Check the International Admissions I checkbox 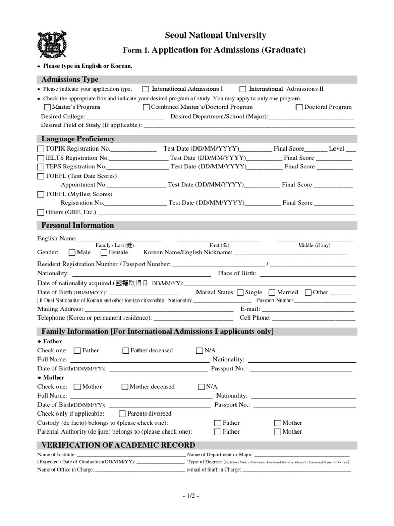coord(146,89)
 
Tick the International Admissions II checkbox coord(243,89)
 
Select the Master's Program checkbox coord(48,108)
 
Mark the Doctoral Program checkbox coord(300,108)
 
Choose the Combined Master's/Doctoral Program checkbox coord(146,108)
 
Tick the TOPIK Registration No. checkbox coord(41,149)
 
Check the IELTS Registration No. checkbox coord(41,158)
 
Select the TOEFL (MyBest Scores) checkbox coord(41,195)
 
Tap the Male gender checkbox coord(72,253)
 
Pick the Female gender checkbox coord(104,253)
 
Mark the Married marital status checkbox coord(272,293)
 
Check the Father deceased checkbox coord(126,351)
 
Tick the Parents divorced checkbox coord(122,414)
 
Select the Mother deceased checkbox coord(125,387)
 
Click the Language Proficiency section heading coord(78,139)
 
